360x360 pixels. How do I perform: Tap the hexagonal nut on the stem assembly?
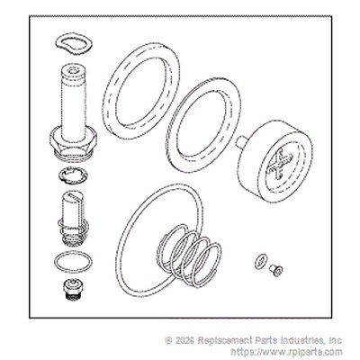(x=73, y=141)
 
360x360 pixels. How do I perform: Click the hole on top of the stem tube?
(x=73, y=71)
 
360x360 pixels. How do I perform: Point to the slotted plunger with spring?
(x=73, y=219)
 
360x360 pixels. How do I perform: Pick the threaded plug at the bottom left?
(x=73, y=289)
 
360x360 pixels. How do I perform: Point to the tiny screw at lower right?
(x=275, y=269)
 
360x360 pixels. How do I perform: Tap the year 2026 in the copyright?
(x=184, y=341)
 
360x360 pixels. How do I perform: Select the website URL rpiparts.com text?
(x=286, y=351)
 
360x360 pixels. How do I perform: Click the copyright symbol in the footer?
(x=168, y=341)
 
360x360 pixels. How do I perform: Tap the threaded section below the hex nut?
(x=73, y=156)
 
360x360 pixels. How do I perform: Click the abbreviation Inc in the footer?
(x=336, y=341)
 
